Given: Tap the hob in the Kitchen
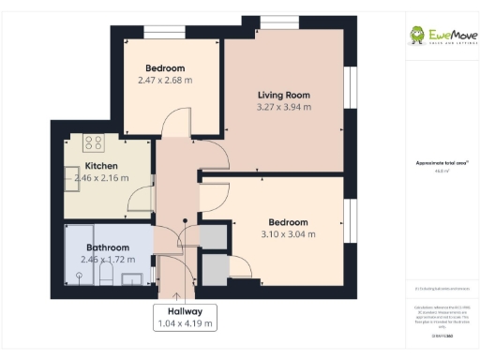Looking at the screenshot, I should click(94, 143).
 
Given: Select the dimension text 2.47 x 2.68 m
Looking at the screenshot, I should click(164, 81).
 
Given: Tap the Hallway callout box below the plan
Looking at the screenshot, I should click(185, 317).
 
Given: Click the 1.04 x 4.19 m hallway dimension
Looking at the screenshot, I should click(185, 323).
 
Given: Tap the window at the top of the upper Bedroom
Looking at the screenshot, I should click(165, 32).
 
